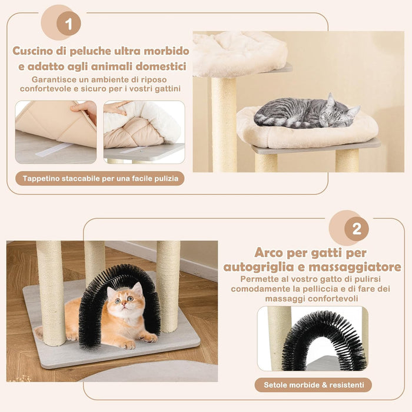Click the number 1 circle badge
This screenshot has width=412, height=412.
click(x=69, y=24)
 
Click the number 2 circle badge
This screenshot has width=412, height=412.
click(x=357, y=228)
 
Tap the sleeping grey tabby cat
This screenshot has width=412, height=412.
click(x=306, y=113)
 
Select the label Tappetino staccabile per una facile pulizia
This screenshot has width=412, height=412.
click(x=100, y=178)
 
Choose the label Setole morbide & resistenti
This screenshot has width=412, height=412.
click(x=313, y=385)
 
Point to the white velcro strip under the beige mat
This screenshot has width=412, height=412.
click(x=53, y=150)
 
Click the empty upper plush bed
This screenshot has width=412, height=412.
click(x=238, y=53)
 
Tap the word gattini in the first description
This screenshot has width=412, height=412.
click(x=164, y=88)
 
